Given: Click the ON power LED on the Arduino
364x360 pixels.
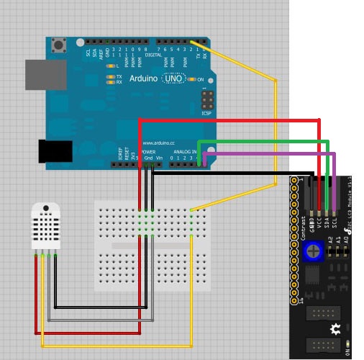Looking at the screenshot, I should [x=191, y=79].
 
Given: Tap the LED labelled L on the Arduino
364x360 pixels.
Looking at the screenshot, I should [x=110, y=66].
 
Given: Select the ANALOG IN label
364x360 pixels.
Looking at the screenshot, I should [x=186, y=153].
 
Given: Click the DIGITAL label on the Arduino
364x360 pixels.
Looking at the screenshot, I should [x=153, y=53].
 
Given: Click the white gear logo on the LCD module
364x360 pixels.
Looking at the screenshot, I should [x=335, y=329].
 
